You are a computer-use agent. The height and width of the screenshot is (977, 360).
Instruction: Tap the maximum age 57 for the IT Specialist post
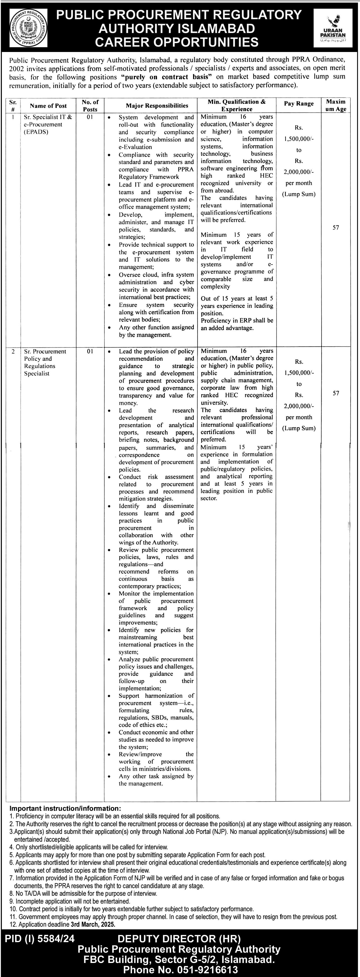(x=335, y=228)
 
